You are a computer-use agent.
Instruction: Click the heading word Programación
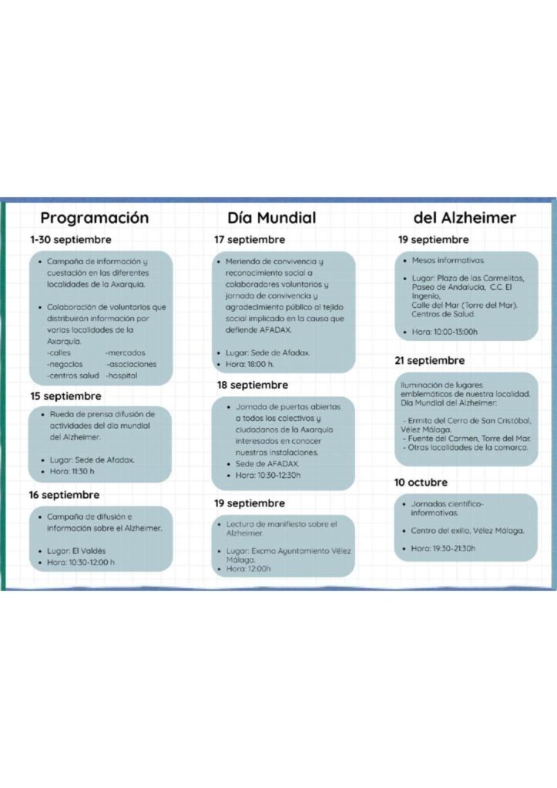[x=94, y=218]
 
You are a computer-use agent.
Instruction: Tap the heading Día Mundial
[x=271, y=218]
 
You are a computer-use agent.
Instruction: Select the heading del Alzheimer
[x=464, y=218]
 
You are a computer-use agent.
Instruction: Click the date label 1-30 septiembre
[x=71, y=240]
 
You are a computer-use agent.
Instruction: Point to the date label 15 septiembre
[x=65, y=396]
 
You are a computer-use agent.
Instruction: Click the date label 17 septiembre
[x=250, y=240]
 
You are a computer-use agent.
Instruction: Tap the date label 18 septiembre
[x=253, y=385]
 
